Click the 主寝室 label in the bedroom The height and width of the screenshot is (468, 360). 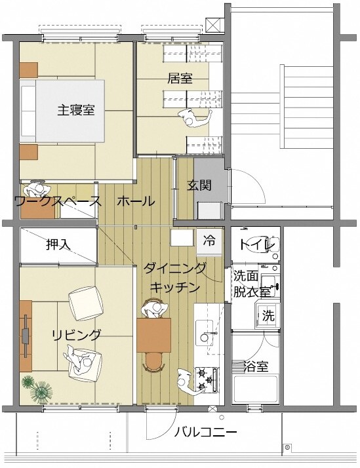[76, 109]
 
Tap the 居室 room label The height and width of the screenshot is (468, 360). [180, 79]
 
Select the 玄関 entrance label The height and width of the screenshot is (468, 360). [199, 185]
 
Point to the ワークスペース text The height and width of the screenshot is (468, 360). [58, 201]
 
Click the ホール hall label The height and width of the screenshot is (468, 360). [136, 201]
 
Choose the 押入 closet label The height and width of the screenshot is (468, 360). [59, 244]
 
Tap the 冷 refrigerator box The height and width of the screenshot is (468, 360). [209, 241]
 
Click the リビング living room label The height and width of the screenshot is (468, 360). [77, 335]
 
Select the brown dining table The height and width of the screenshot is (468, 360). [154, 334]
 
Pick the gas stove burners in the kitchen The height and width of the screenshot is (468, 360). [210, 377]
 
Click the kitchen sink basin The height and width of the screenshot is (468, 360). [210, 338]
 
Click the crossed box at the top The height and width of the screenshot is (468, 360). [214, 25]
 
